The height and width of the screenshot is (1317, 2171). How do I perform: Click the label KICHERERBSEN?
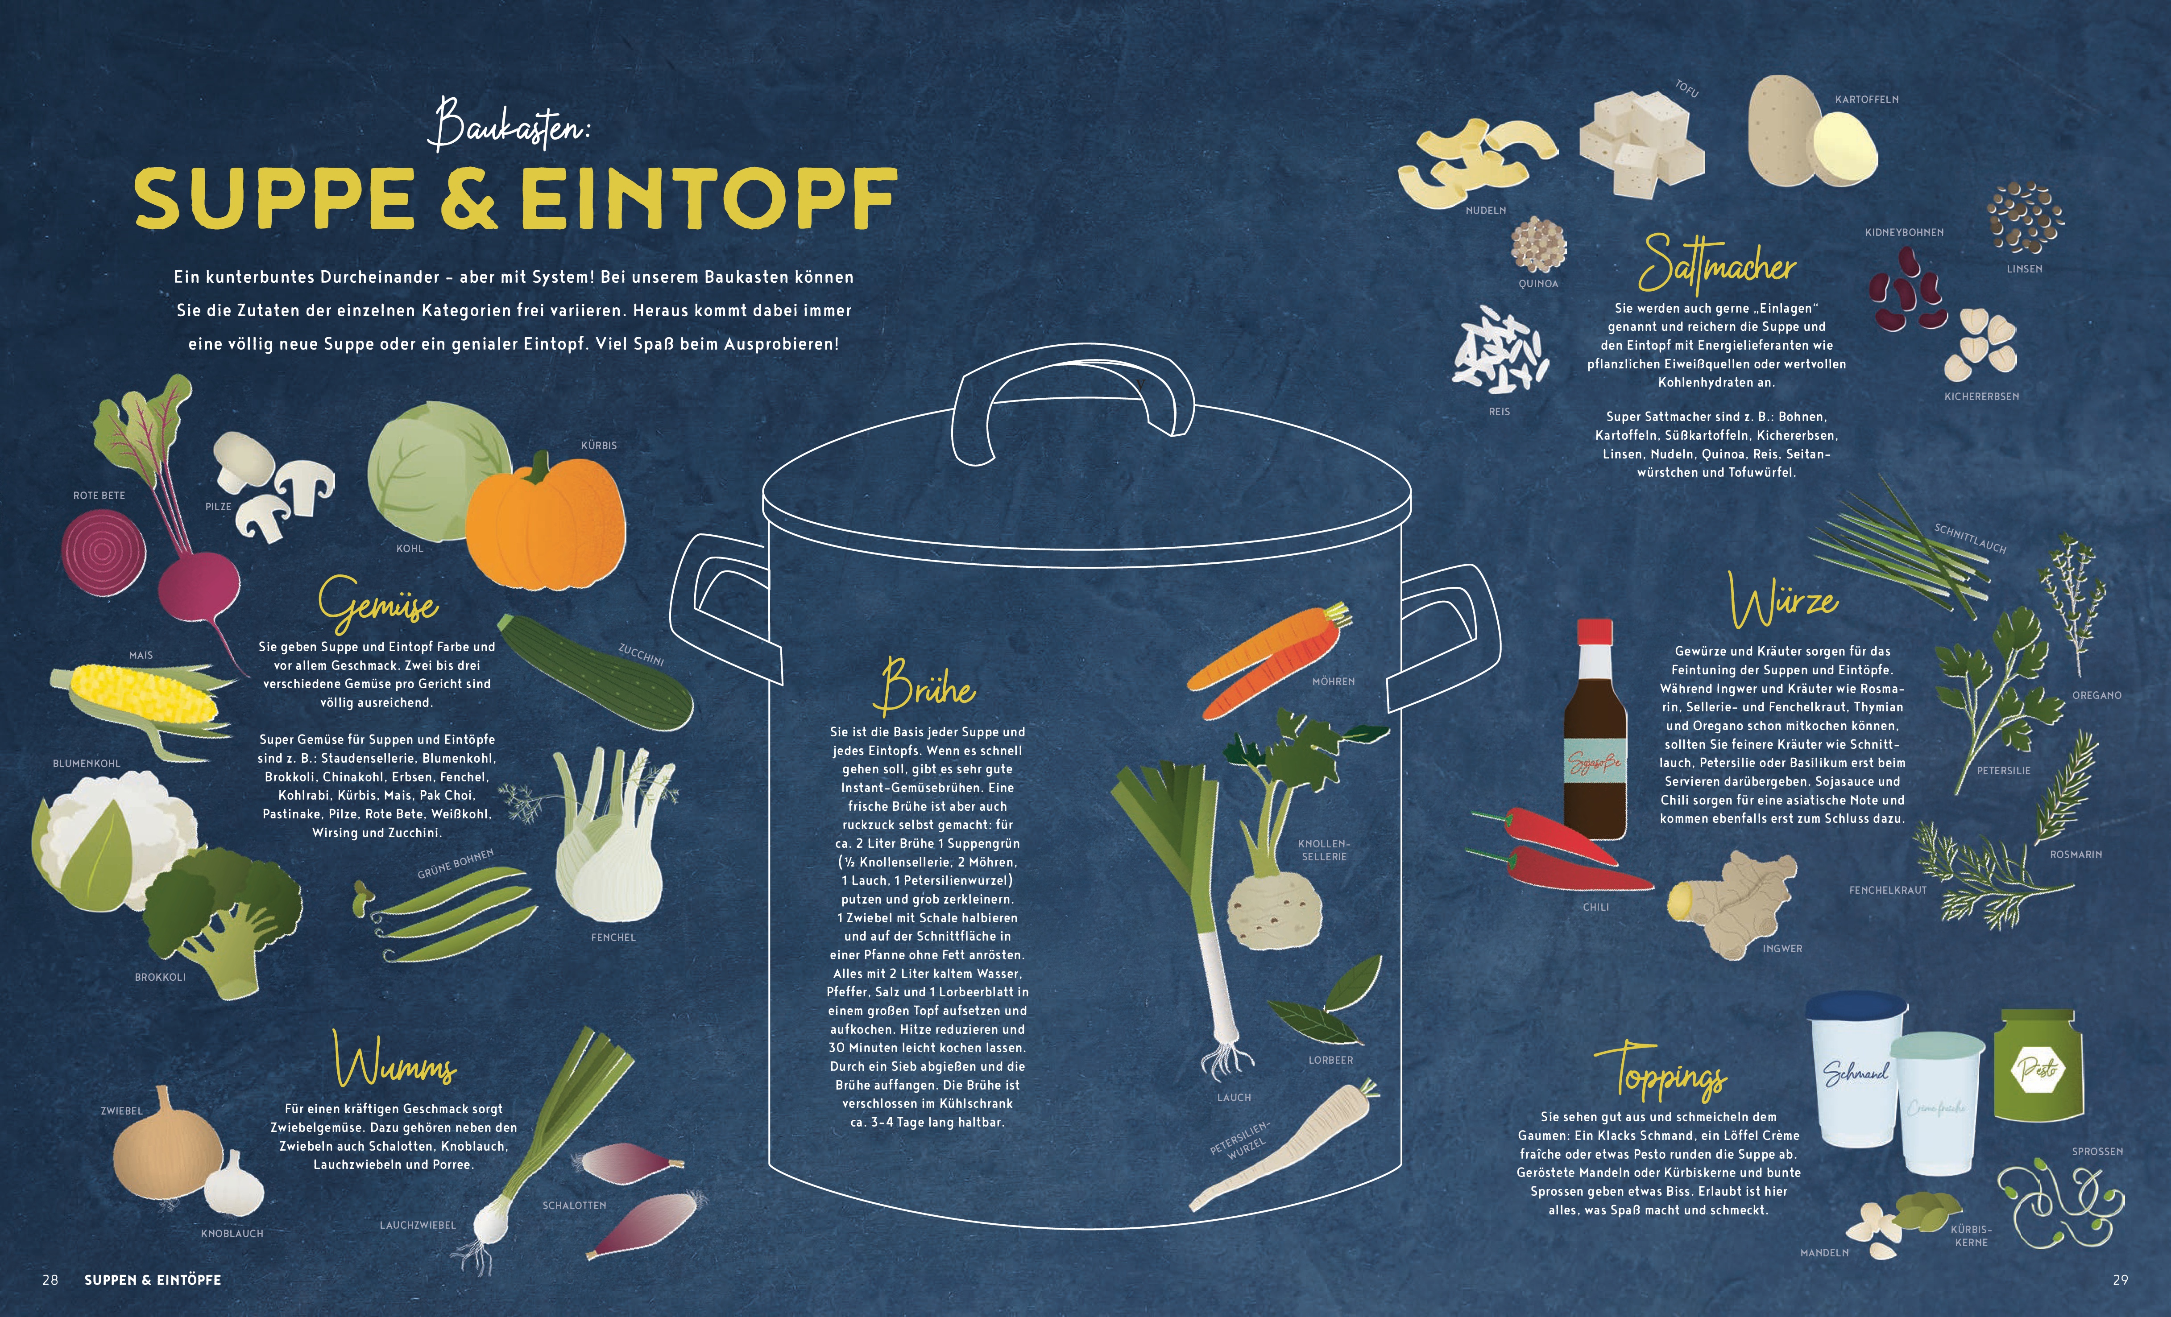click(x=1981, y=396)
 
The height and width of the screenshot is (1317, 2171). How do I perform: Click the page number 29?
click(x=2120, y=1280)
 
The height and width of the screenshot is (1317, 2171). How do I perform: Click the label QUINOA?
click(x=1538, y=284)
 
